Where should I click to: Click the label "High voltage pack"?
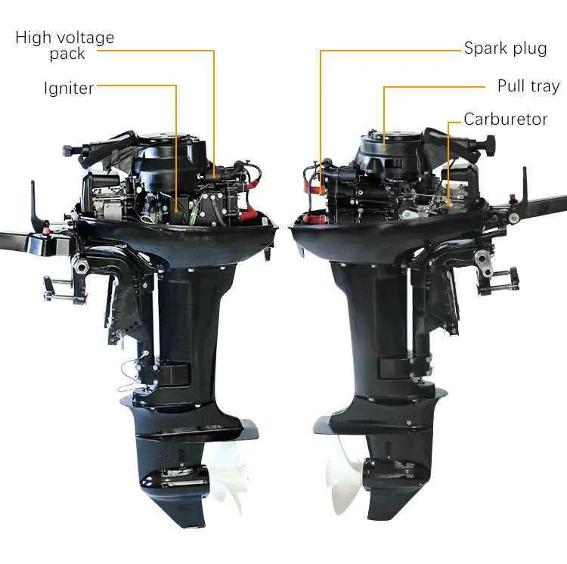coord(65,45)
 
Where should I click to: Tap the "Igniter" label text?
coord(69,88)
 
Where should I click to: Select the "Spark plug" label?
coord(505,48)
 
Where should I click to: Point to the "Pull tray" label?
coord(528,86)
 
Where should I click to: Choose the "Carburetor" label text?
coord(505,119)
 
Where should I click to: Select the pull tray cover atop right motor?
coord(388,152)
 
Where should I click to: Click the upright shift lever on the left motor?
coord(35,200)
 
